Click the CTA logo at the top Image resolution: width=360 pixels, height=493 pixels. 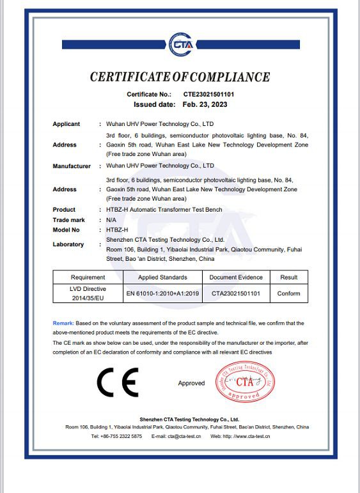[180, 45]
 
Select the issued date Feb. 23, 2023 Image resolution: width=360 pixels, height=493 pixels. [204, 104]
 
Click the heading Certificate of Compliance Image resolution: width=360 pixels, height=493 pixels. [180, 77]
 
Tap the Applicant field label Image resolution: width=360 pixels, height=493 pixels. [67, 124]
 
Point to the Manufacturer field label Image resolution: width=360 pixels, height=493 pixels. [72, 166]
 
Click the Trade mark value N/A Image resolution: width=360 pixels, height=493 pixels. [111, 219]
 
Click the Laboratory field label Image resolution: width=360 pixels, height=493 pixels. [68, 244]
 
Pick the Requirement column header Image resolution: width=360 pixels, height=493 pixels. [88, 278]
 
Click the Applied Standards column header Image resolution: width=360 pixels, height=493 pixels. [162, 278]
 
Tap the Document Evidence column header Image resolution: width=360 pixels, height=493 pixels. [237, 278]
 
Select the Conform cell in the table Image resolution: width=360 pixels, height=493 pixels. [288, 293]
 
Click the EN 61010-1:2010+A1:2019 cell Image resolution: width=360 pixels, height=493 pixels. [162, 293]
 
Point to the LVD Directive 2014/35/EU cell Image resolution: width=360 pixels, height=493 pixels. [88, 293]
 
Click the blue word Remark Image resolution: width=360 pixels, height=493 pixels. [63, 324]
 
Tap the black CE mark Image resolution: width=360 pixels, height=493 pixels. [117, 383]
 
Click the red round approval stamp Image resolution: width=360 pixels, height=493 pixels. [246, 382]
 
